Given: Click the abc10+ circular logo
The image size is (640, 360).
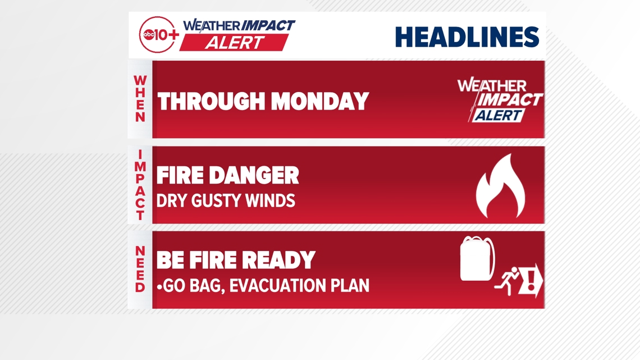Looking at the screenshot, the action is pyautogui.click(x=158, y=35).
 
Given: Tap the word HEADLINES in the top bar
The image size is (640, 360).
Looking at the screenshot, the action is pyautogui.click(x=467, y=37).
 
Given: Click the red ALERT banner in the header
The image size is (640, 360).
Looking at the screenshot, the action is pyautogui.click(x=234, y=43).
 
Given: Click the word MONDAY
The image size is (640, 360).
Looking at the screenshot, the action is pyautogui.click(x=321, y=101).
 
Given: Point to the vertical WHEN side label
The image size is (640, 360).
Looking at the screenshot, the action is pyautogui.click(x=140, y=99).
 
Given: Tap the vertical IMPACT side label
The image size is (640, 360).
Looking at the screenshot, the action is pyautogui.click(x=140, y=185).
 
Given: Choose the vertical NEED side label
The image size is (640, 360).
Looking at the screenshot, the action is pyautogui.click(x=140, y=269).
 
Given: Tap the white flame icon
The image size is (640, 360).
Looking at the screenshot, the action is pyautogui.click(x=500, y=186).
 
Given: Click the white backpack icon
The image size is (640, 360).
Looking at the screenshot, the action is pyautogui.click(x=477, y=259).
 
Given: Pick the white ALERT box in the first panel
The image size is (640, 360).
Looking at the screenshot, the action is pyautogui.click(x=499, y=116).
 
